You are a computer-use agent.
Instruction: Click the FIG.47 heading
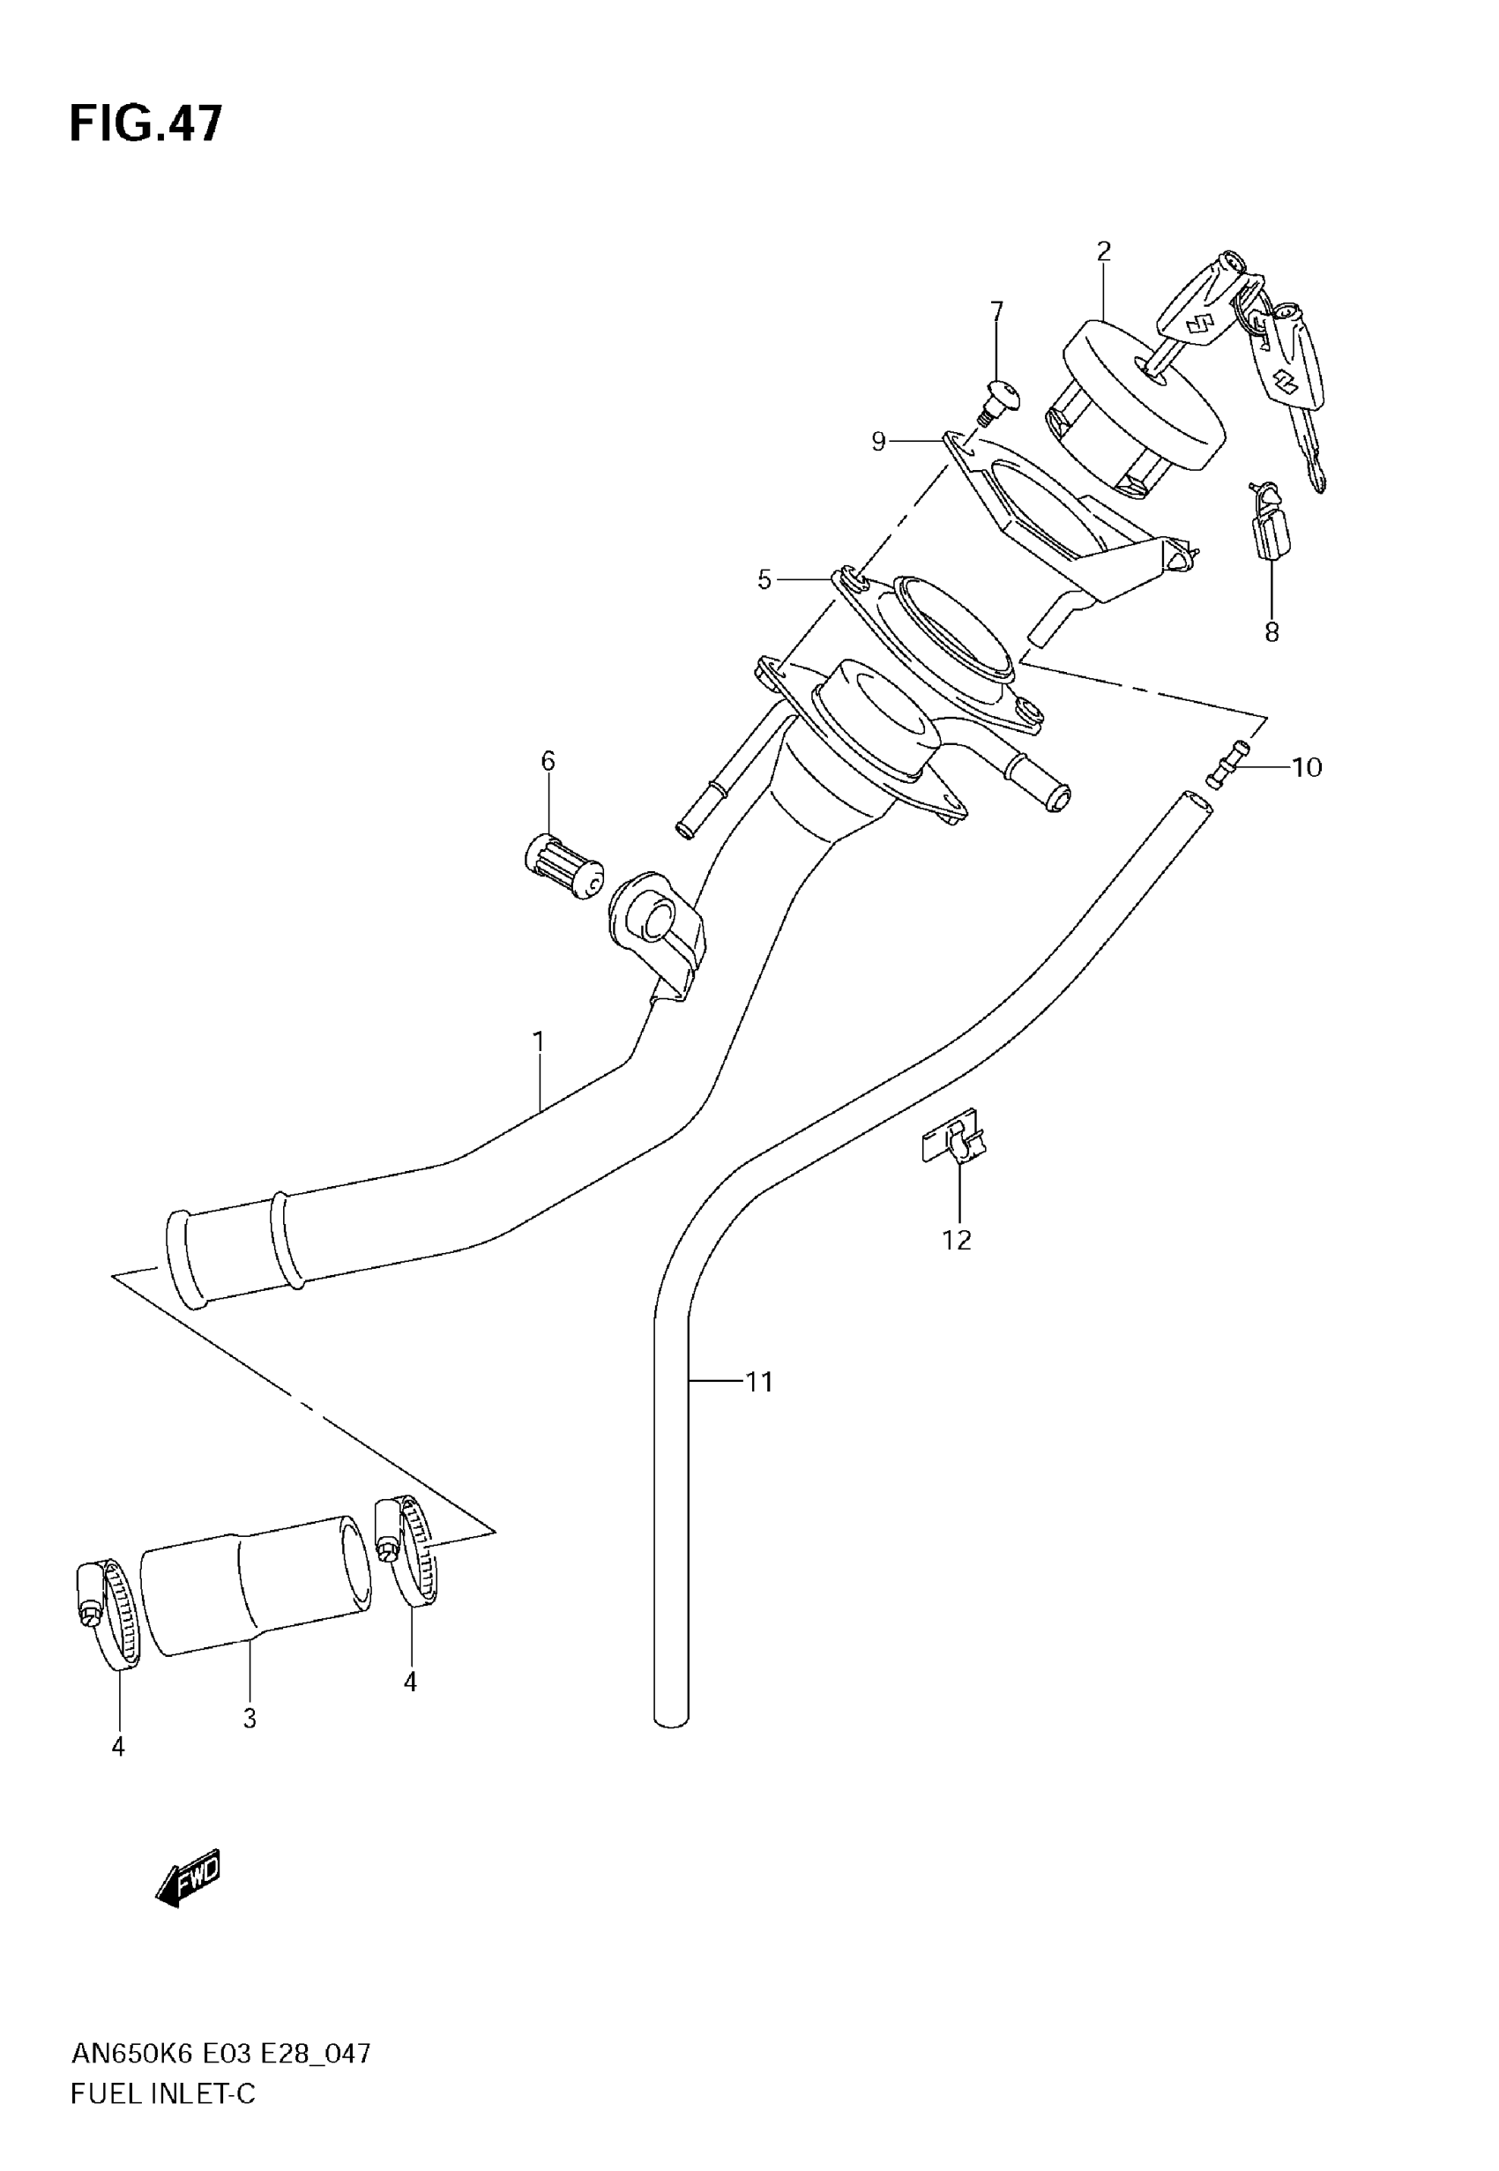click(x=146, y=124)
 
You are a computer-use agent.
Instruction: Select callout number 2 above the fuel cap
click(x=1104, y=251)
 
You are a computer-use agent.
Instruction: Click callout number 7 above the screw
click(x=996, y=310)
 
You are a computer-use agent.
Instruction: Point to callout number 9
click(x=878, y=441)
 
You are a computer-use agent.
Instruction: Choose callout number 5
click(x=764, y=580)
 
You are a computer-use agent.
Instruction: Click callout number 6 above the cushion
click(x=548, y=761)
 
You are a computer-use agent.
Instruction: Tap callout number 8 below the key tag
click(x=1272, y=633)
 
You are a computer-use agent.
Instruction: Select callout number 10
click(x=1307, y=768)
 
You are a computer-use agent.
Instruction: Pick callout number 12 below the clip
click(x=957, y=1241)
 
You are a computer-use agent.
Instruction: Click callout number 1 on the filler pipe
click(x=539, y=1041)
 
